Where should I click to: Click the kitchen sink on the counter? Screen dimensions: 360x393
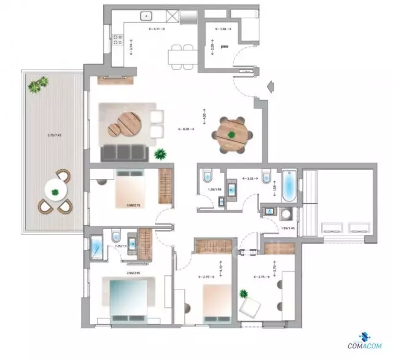(x=147, y=17)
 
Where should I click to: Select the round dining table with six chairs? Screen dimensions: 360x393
(x=232, y=135)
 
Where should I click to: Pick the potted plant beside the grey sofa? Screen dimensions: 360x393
(x=160, y=154)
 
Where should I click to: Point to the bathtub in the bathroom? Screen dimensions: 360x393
(x=288, y=187)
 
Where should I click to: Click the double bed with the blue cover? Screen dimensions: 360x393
(x=124, y=301)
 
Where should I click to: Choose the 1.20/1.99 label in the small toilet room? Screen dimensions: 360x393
(x=213, y=191)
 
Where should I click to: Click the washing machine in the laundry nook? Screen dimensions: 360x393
(x=286, y=213)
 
